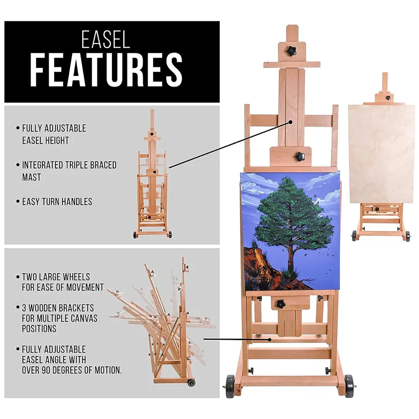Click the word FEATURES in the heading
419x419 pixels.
coord(106,70)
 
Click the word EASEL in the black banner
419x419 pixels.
coord(106,40)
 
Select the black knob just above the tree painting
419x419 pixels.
coord(301,156)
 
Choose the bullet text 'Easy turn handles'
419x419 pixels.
coord(57,202)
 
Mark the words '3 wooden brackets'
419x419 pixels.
coord(58,308)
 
